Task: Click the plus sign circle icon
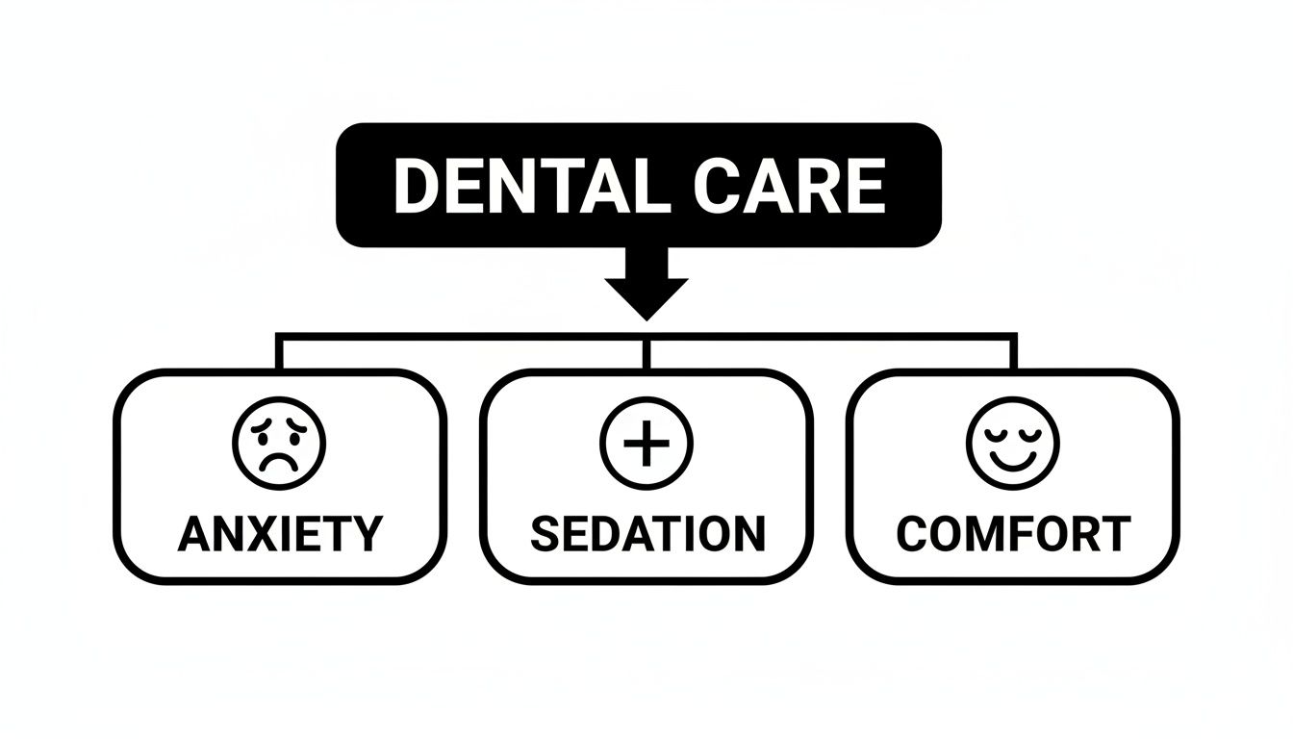[x=646, y=445]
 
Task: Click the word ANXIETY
[x=280, y=534]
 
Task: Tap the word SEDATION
[x=647, y=534]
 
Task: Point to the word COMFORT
[x=1013, y=534]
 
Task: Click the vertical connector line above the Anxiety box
[x=279, y=352]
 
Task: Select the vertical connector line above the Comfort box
[x=1013, y=352]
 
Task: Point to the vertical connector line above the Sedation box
[x=646, y=352]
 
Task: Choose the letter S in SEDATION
[x=545, y=534]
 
